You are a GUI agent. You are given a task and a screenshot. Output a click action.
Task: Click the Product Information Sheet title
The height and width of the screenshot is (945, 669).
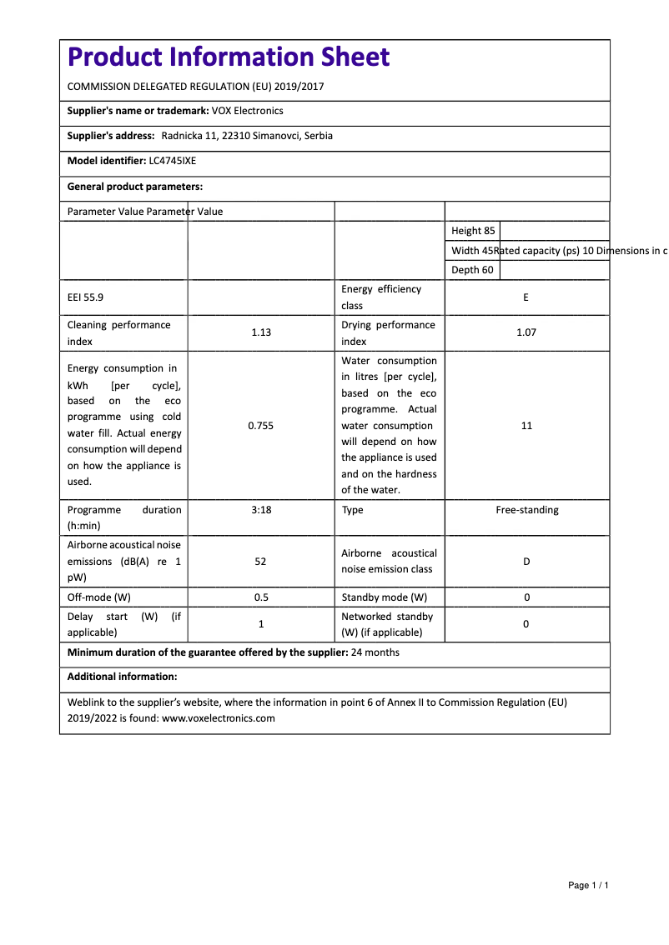coord(228,57)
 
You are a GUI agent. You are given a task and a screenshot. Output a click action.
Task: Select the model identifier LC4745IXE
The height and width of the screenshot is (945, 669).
coord(173,161)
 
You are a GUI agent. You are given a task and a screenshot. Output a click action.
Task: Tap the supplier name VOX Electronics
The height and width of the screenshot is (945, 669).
coord(248,111)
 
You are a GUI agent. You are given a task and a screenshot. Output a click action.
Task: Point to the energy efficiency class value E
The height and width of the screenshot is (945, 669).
coord(526,297)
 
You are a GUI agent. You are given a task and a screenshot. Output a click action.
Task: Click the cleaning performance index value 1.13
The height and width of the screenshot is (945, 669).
coord(261,332)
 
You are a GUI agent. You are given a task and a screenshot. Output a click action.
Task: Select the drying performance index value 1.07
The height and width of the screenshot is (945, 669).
coord(526,332)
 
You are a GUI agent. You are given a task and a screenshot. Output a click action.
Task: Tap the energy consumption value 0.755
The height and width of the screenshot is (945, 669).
coord(261,426)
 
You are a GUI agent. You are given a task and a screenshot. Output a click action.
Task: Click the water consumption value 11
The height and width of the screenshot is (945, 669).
coord(526,426)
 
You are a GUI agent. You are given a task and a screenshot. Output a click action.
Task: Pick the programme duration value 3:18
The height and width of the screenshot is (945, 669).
coord(261,510)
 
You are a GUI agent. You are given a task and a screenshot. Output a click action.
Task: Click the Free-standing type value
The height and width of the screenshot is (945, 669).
coord(527,510)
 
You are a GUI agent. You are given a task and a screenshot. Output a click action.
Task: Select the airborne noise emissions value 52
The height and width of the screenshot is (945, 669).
coord(261,562)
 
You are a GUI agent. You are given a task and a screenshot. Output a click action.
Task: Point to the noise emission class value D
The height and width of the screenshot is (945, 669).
coord(526,562)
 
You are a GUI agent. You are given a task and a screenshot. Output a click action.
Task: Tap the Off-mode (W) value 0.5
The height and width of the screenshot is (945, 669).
coord(261,597)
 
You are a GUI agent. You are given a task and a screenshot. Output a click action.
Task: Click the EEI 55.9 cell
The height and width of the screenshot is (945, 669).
coord(85,297)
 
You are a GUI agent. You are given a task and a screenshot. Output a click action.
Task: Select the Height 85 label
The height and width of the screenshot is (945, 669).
coord(473,231)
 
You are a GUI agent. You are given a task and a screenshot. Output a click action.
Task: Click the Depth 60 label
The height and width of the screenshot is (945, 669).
coord(472,270)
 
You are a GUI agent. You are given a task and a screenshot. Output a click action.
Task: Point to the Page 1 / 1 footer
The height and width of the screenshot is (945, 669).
coord(588,885)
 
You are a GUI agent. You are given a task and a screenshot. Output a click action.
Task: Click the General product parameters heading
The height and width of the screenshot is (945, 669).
coord(135,187)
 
